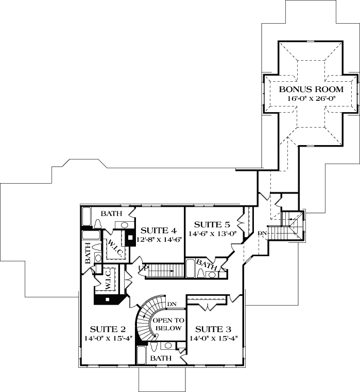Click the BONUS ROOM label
pos(311,89)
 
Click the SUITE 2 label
pos(108,329)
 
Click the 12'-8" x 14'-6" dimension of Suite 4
pos(159,239)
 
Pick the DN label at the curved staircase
pos(172,304)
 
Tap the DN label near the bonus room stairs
pos(263,233)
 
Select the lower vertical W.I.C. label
pos(109,278)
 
